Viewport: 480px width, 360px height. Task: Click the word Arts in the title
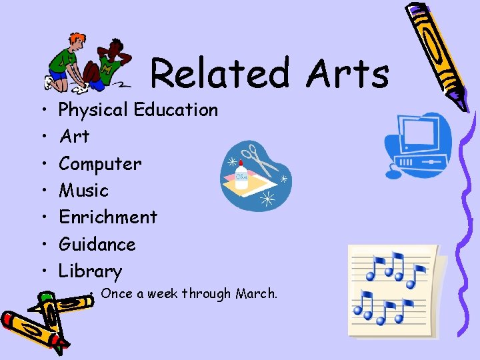pos(347,73)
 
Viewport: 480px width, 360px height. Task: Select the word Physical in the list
pos(94,110)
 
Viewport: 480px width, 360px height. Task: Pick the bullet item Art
pos(74,137)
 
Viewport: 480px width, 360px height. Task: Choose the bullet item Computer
pos(100,164)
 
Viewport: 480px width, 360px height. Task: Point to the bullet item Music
pos(83,191)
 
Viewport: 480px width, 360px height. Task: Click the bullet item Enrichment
pos(108,217)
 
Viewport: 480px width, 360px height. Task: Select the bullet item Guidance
pos(97,245)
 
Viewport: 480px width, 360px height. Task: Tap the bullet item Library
pos(91,271)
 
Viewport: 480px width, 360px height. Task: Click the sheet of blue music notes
pos(393,290)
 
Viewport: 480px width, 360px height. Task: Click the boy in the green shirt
pos(67,63)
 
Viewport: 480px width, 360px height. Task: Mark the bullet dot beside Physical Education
pos(42,110)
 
